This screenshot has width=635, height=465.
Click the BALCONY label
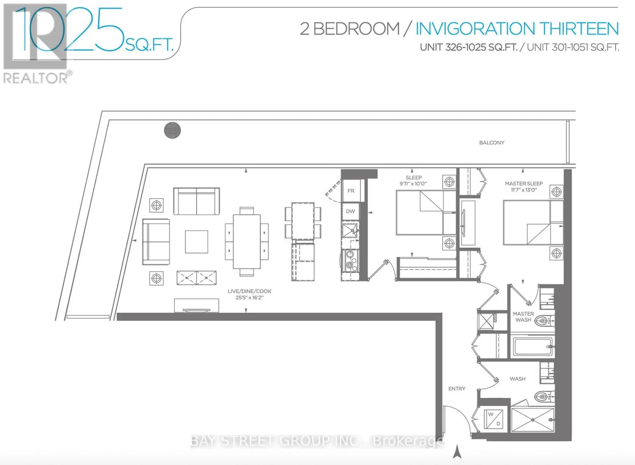[491, 143]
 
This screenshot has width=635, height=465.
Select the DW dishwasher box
[351, 211]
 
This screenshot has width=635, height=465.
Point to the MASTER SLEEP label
[524, 184]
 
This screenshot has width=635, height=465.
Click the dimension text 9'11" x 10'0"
[413, 184]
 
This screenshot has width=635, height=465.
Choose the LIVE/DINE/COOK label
[249, 291]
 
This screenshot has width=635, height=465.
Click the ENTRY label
[457, 389]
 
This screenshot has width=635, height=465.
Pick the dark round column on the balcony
[172, 130]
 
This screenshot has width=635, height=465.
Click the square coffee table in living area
[196, 242]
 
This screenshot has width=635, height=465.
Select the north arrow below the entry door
[457, 451]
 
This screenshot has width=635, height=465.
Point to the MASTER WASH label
[523, 317]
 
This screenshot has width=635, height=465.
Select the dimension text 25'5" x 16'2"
[249, 298]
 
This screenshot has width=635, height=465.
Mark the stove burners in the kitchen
[351, 261]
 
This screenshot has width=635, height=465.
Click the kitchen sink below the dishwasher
[350, 230]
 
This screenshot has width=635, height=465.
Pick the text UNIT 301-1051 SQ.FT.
[573, 47]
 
